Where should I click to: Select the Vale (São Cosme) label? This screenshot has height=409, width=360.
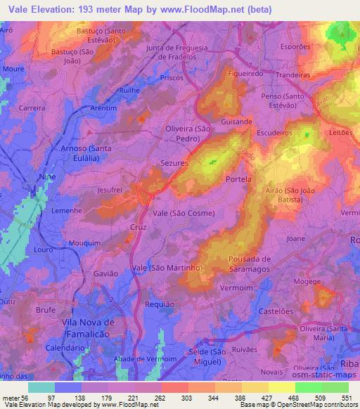[x=184, y=213]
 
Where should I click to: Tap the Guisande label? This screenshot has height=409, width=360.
[x=236, y=122]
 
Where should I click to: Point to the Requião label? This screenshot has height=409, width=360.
[x=158, y=304]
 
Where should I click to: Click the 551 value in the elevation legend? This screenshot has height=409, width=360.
[x=345, y=398]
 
